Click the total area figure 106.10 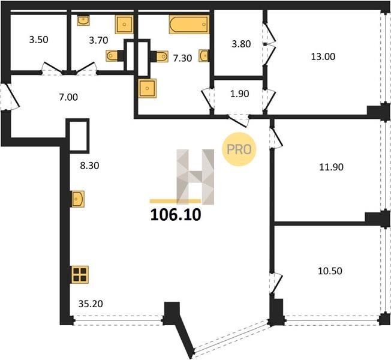click(x=176, y=215)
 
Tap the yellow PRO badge click(x=239, y=149)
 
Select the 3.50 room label click(x=38, y=40)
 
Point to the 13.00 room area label click(x=323, y=56)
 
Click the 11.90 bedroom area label click(x=331, y=167)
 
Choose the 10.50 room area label click(x=330, y=271)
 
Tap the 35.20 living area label click(x=91, y=304)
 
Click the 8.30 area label click(x=89, y=166)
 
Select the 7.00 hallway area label click(x=68, y=97)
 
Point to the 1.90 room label click(x=240, y=94)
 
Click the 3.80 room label click(x=241, y=44)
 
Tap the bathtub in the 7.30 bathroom click(x=189, y=25)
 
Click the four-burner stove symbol click(x=80, y=275)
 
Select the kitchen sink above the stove click(x=78, y=199)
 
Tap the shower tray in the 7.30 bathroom click(x=147, y=88)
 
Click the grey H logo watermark click(x=195, y=177)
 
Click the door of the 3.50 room click(x=52, y=68)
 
